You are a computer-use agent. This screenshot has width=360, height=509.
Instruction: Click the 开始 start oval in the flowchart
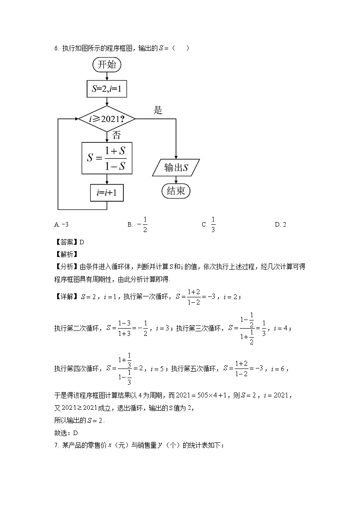(x=107, y=65)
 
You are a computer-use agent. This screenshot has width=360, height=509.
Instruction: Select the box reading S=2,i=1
(x=107, y=89)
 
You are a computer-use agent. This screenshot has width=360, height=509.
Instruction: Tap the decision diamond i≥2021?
(x=107, y=119)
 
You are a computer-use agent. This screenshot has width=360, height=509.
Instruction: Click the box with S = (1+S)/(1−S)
(x=107, y=158)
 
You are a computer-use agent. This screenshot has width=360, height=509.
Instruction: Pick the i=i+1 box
(x=107, y=193)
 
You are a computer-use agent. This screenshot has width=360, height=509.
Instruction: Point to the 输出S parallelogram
(x=176, y=168)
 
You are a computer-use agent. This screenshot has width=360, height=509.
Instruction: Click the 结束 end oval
(x=176, y=191)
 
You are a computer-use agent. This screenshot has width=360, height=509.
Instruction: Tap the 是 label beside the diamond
(x=158, y=110)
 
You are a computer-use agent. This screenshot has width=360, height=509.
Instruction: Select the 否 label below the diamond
(x=117, y=135)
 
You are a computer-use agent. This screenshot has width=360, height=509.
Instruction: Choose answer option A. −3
(x=61, y=224)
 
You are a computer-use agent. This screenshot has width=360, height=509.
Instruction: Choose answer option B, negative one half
(x=138, y=224)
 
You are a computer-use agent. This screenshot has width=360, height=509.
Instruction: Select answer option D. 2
(x=281, y=224)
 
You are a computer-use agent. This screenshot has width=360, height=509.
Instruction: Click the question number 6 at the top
(x=56, y=48)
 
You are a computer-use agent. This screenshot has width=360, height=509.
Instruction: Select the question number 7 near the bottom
(x=56, y=446)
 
